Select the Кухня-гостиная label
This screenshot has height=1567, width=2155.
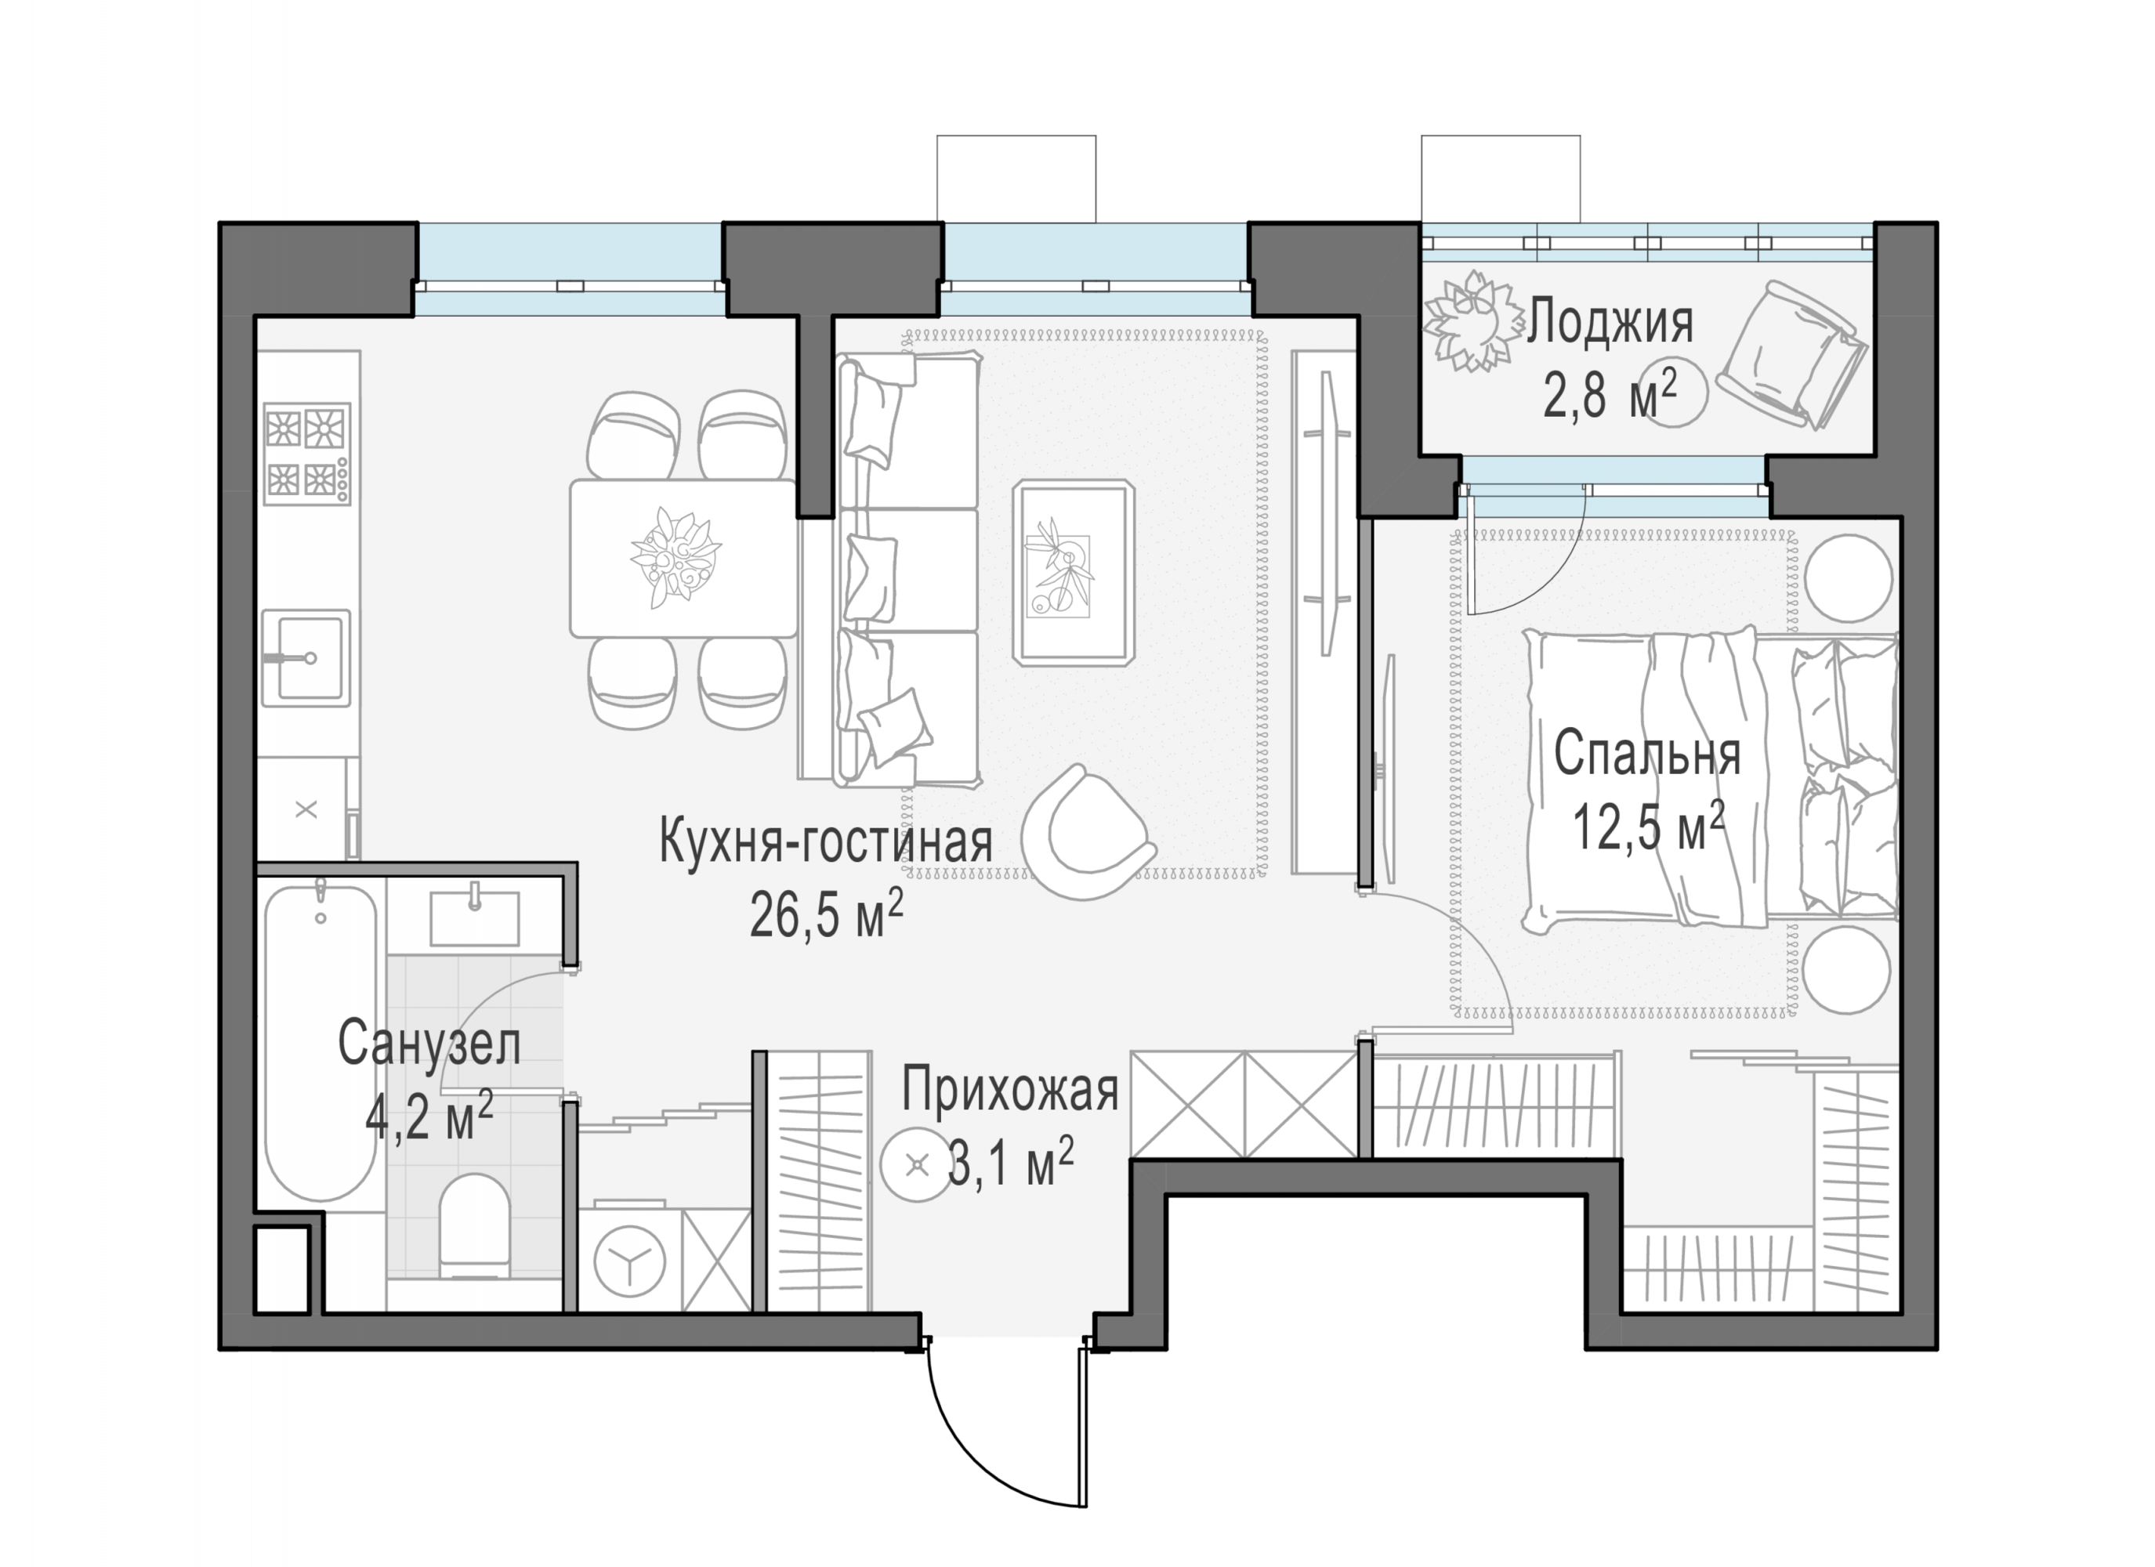(826, 842)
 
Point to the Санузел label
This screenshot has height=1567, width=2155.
(429, 1044)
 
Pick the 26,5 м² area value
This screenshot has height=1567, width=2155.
(827, 914)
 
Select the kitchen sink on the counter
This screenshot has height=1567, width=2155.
(306, 657)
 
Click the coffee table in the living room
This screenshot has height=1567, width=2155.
(1074, 572)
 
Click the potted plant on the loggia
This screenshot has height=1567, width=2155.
(1472, 321)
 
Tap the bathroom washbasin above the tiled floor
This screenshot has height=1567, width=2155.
(475, 918)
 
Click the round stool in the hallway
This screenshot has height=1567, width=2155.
(916, 1166)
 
